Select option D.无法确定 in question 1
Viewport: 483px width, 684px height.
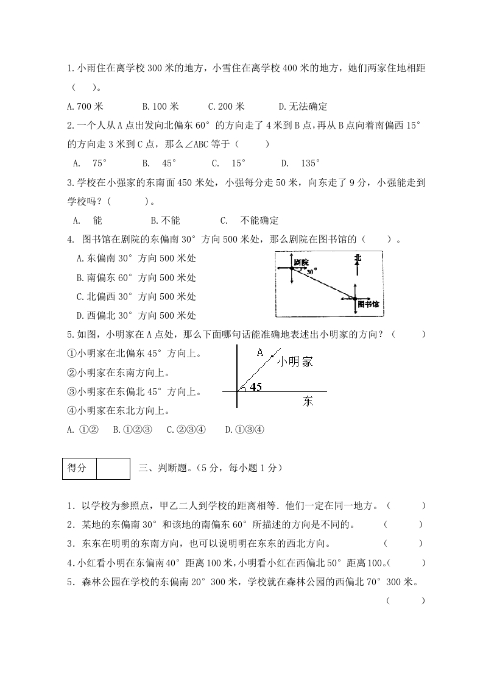point(303,107)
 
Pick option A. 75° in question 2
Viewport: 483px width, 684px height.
point(90,163)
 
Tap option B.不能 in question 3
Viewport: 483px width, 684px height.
point(165,221)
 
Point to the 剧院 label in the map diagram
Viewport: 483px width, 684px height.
point(301,262)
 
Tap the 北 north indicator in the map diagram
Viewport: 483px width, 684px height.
point(358,259)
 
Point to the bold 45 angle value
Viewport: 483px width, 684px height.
point(256,387)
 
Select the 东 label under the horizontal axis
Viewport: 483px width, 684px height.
point(308,401)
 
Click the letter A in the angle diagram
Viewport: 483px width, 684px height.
point(259,352)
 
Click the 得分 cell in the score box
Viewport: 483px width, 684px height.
point(79,468)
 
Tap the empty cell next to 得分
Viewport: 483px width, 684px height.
point(113,468)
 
